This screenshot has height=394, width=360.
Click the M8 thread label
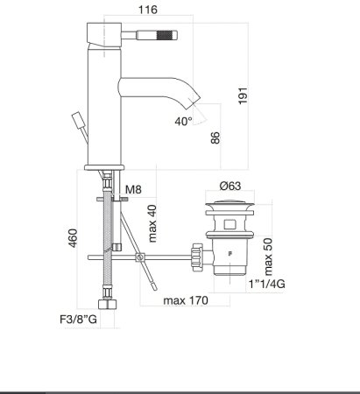pos(132,190)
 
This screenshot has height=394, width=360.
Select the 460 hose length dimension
pos(74,237)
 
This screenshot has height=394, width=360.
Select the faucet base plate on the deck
pos(107,167)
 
